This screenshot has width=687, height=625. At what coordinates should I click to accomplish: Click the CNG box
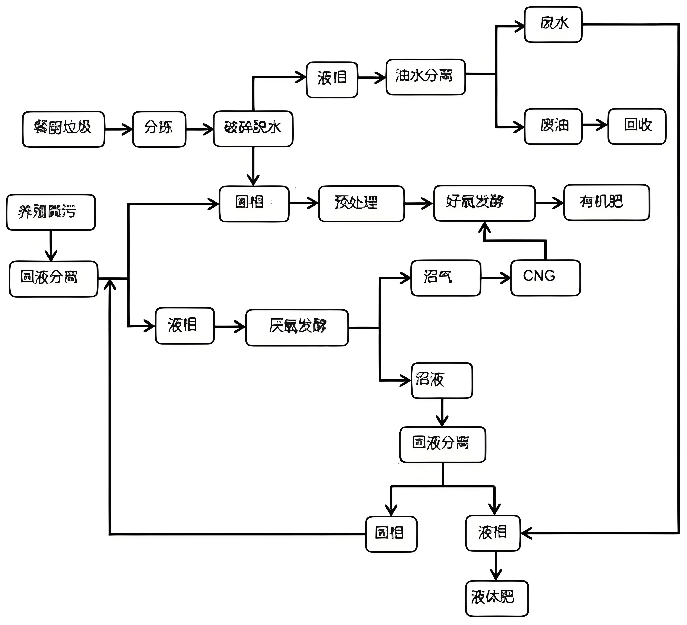click(x=545, y=278)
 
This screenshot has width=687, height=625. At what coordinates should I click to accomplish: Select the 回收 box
click(x=637, y=126)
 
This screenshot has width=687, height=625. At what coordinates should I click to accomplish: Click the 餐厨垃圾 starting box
click(x=63, y=129)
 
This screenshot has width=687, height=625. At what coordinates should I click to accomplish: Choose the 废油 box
click(x=553, y=126)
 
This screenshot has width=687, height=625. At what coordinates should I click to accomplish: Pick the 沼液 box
click(x=442, y=380)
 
